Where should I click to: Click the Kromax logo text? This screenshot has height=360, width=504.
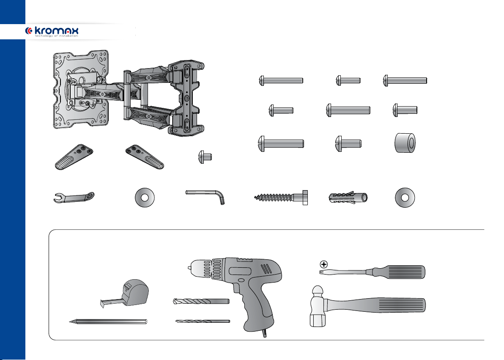click(56, 31)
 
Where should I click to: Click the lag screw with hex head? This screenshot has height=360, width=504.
click(281, 197)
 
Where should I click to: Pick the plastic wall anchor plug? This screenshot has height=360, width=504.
click(348, 197)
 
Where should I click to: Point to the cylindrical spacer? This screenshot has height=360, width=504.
click(405, 143)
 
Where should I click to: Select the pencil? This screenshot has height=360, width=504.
click(108, 322)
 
